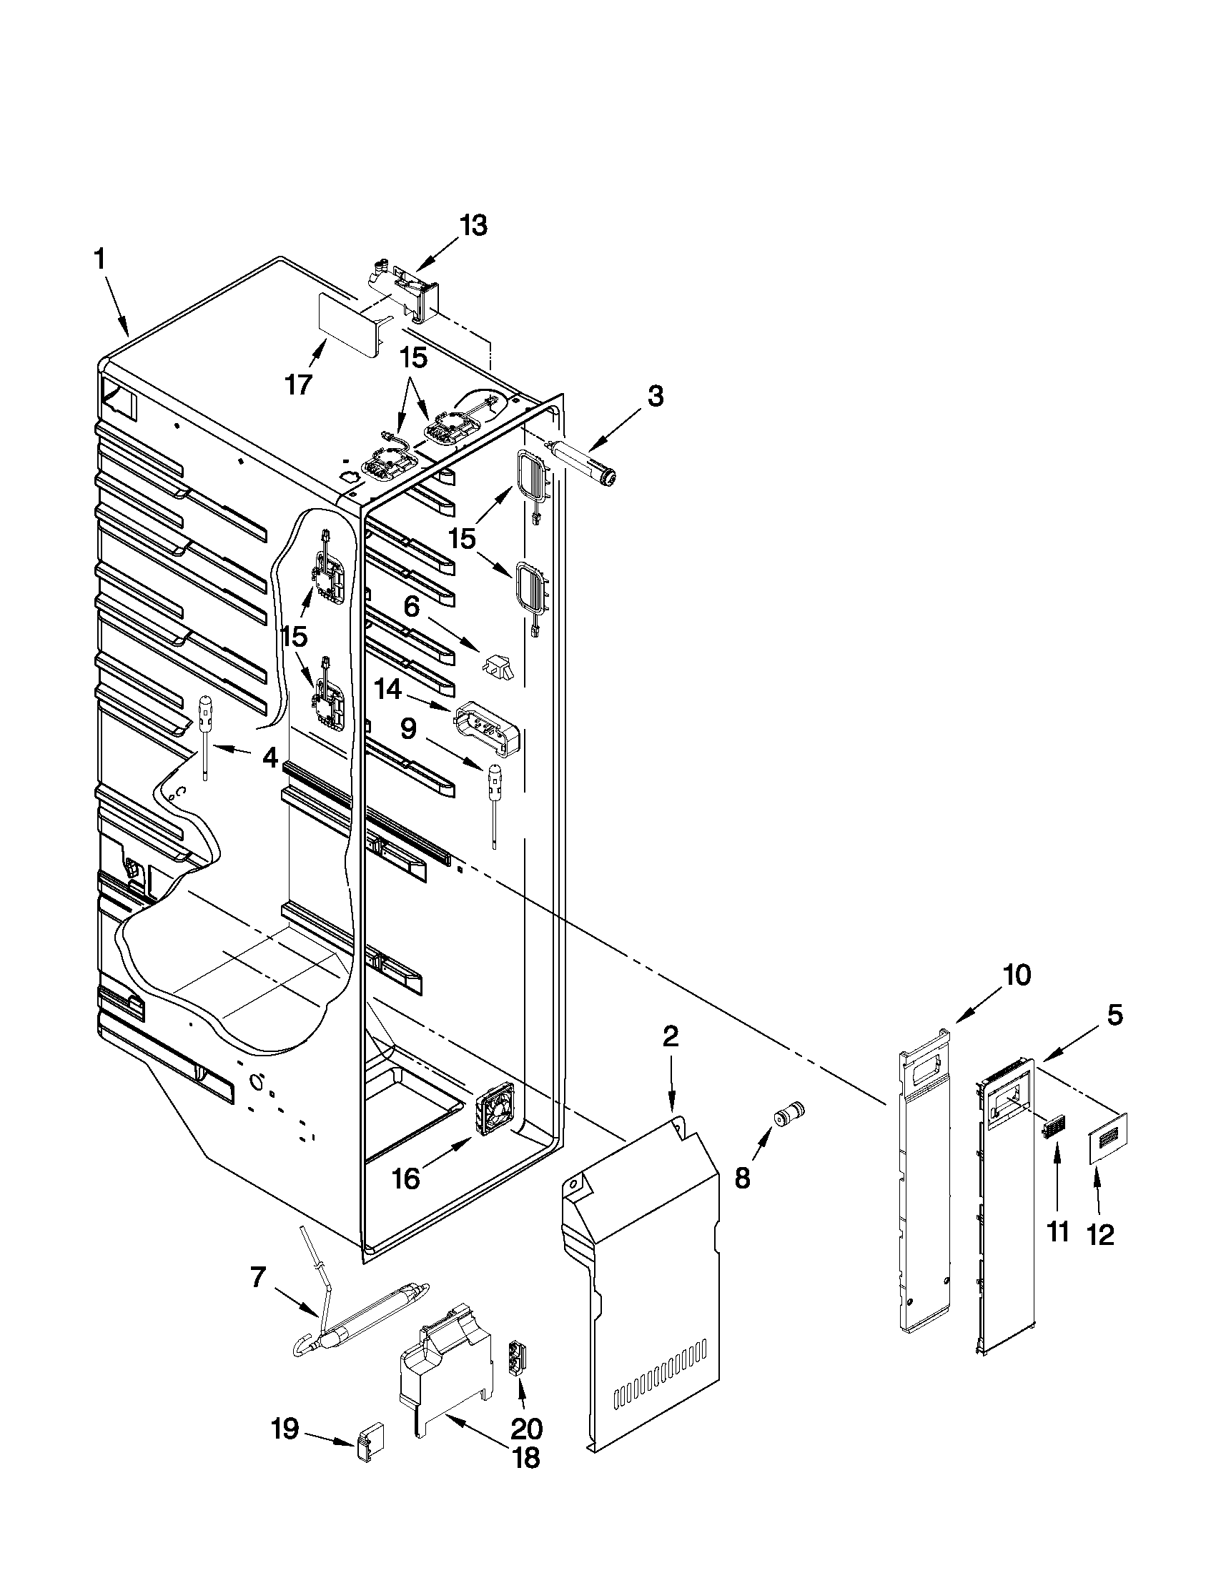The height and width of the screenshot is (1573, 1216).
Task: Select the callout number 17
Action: [x=298, y=384]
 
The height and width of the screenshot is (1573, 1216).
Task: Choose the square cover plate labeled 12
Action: [x=1107, y=1136]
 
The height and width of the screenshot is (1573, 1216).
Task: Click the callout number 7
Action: [x=257, y=1278]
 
